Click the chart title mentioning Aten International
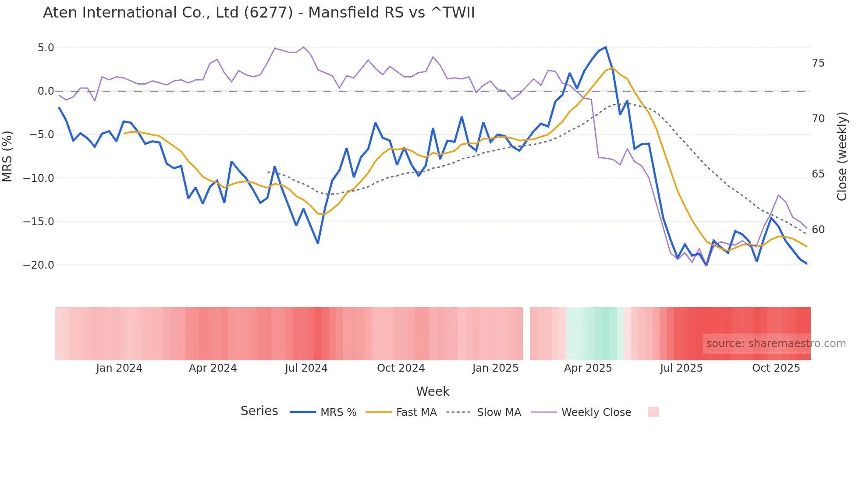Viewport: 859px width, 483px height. pyautogui.click(x=259, y=13)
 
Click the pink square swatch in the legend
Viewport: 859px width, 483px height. pyautogui.click(x=653, y=412)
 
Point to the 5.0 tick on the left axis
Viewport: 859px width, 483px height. pyautogui.click(x=46, y=48)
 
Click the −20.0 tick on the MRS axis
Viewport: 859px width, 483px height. pyautogui.click(x=39, y=265)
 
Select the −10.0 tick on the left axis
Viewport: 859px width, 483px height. pyautogui.click(x=39, y=178)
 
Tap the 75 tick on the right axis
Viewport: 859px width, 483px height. pyautogui.click(x=818, y=64)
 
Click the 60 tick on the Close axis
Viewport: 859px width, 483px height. pyautogui.click(x=818, y=230)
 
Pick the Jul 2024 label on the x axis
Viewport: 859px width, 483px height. pyautogui.click(x=306, y=368)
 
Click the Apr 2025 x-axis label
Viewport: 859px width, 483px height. pyautogui.click(x=588, y=368)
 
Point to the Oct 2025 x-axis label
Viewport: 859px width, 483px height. pyautogui.click(x=776, y=368)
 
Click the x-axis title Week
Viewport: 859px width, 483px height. pyautogui.click(x=433, y=391)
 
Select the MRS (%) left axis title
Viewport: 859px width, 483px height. pyautogui.click(x=7, y=156)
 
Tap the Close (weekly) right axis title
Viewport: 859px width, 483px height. pyautogui.click(x=842, y=156)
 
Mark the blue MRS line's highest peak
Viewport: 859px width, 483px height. pyautogui.click(x=605, y=47)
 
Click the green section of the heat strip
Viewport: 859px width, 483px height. pyautogui.click(x=596, y=334)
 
